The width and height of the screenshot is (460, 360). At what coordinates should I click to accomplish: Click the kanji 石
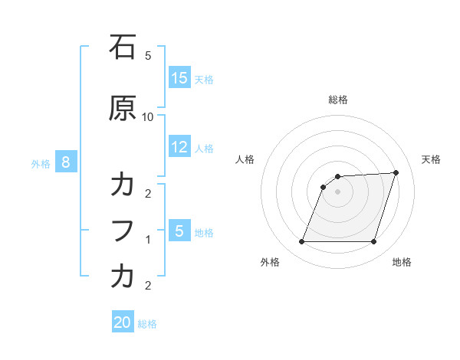click(123, 47)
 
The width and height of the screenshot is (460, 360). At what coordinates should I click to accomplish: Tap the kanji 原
click(123, 109)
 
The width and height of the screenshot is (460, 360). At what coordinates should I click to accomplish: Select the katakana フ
click(123, 231)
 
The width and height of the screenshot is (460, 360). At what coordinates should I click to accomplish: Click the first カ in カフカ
click(123, 186)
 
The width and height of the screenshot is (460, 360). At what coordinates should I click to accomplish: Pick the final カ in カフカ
click(123, 277)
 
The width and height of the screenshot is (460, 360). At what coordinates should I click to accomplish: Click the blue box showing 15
click(179, 78)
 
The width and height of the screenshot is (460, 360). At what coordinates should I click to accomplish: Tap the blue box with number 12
click(179, 147)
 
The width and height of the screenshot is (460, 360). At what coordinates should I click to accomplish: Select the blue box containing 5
click(179, 231)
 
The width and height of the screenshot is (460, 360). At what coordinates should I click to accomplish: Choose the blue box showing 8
click(66, 162)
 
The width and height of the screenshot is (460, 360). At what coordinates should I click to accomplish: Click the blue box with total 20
click(123, 322)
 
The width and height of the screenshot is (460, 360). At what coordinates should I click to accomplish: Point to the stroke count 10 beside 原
click(148, 116)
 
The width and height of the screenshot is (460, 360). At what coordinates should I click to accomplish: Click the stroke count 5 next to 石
click(148, 56)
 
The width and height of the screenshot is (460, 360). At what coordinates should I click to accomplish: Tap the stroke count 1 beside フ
click(148, 240)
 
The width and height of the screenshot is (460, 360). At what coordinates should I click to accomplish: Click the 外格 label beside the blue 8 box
click(41, 163)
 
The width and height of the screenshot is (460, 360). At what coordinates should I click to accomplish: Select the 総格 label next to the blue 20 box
click(147, 324)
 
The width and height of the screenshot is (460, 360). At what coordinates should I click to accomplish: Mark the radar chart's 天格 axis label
click(431, 159)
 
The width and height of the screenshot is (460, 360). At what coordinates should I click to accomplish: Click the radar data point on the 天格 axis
click(396, 172)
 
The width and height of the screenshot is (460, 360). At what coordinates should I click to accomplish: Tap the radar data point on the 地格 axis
click(373, 242)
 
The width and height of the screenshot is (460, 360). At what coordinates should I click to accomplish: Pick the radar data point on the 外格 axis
click(301, 242)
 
